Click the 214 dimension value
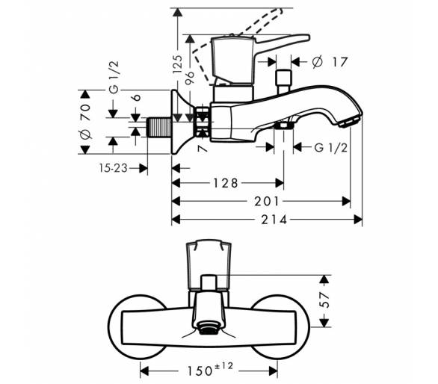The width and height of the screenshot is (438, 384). click(x=274, y=220)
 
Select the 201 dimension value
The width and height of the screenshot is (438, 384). click(x=266, y=202)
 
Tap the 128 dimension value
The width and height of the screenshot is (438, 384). click(x=226, y=183)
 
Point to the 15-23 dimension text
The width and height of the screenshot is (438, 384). click(x=113, y=168)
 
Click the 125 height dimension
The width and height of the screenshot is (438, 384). click(x=177, y=64)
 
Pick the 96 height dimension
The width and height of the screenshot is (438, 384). click(x=190, y=78)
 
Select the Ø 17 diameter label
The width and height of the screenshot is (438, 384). click(x=330, y=62)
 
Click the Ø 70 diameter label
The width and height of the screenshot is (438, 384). click(x=85, y=121)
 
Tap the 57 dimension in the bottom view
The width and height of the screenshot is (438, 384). click(x=324, y=300)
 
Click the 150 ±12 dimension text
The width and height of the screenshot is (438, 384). click(x=209, y=369)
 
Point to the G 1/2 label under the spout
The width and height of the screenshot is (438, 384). click(x=331, y=148)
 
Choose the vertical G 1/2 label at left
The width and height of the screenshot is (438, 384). click(x=114, y=77)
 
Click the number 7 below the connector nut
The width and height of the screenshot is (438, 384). click(x=203, y=147)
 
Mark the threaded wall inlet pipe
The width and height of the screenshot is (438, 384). click(x=159, y=127)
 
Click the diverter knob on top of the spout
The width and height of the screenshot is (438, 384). click(x=283, y=81)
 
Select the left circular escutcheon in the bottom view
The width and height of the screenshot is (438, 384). click(x=137, y=326)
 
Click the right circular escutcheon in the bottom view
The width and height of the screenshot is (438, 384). click(x=280, y=326)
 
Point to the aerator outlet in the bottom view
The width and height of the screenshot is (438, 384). click(x=208, y=327)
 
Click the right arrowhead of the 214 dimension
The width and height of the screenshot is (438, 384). click(x=358, y=220)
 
